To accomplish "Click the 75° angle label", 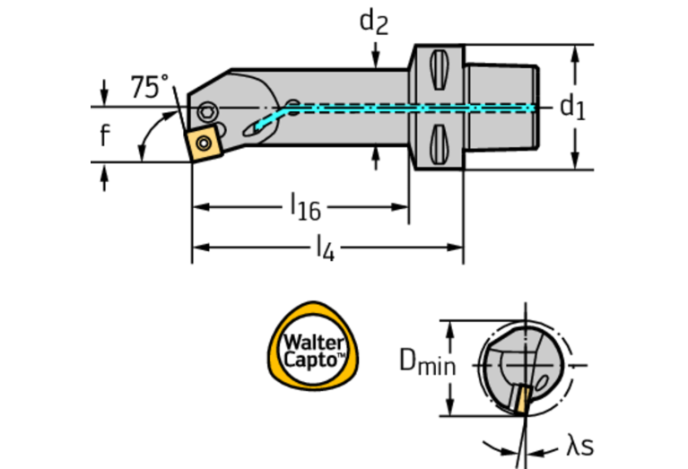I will click(149, 87).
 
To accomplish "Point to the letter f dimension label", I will click(105, 136).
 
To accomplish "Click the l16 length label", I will click(305, 207).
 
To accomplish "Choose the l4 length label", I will click(324, 246).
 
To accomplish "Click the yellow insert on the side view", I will click(204, 142).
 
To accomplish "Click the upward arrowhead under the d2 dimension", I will click(375, 153).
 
